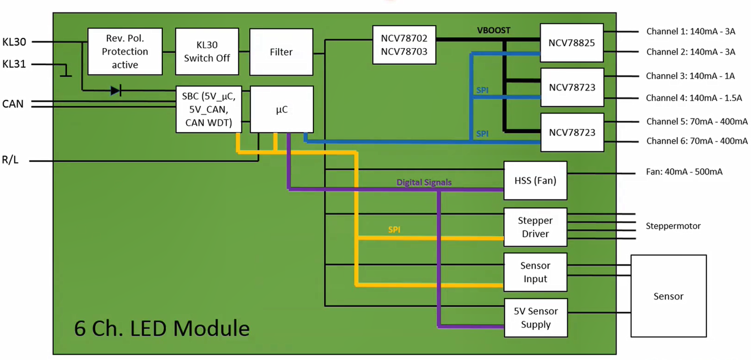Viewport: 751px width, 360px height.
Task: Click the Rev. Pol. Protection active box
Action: pos(125,51)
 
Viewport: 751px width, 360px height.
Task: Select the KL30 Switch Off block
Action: pos(207,51)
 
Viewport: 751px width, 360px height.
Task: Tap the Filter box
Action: pos(281,52)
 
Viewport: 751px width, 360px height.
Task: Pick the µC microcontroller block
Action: pos(281,109)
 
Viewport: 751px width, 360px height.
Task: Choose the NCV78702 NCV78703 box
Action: pos(404,45)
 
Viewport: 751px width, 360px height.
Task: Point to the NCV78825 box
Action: pos(572,42)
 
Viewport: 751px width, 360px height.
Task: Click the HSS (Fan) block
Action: pos(535,181)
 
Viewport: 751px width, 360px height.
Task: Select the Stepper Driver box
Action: pos(535,227)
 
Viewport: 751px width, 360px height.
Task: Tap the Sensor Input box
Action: pos(535,272)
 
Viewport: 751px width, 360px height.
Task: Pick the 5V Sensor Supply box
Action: pos(535,318)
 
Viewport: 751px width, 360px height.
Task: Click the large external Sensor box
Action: pos(668,296)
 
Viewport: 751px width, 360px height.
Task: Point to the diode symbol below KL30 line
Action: pos(116,91)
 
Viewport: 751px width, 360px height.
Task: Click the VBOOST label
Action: pos(493,31)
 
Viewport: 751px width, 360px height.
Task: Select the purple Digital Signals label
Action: pos(424,182)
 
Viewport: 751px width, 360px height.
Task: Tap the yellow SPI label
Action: pos(394,229)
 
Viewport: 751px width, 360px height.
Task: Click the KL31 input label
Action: pos(14,65)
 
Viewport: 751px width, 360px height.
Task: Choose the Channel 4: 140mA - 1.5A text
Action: pos(694,98)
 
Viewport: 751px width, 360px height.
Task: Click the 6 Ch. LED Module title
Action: pos(162,328)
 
